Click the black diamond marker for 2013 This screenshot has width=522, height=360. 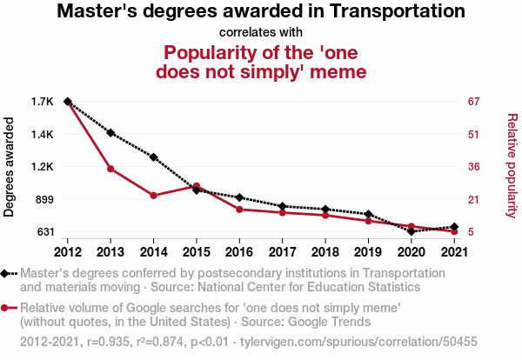click(110, 132)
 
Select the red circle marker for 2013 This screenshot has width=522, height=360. click(110, 169)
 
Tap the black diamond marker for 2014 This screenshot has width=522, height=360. click(153, 157)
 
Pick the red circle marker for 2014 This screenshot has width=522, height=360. click(153, 196)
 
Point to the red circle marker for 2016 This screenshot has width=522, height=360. click(239, 210)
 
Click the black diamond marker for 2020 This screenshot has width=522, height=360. click(411, 231)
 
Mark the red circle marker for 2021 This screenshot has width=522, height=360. click(453, 231)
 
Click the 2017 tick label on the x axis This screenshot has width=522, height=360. click(282, 252)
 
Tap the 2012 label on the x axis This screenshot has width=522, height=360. click(68, 252)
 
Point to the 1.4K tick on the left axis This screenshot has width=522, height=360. click(42, 134)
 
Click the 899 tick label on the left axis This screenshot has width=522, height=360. click(43, 199)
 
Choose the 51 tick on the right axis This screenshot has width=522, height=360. click(473, 134)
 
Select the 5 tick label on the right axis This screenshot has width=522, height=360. click(471, 232)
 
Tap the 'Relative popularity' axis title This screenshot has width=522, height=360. click(512, 165)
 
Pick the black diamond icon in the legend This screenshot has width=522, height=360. click(8, 274)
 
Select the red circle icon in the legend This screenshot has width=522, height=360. click(8, 308)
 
